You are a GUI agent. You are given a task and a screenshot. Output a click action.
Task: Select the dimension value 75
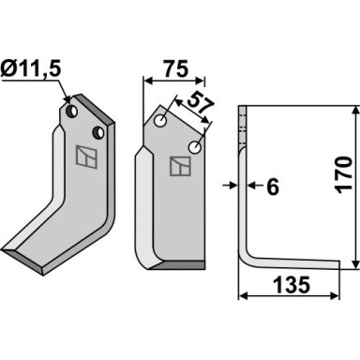(176, 69)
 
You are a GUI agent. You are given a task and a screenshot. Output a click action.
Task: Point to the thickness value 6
(273, 187)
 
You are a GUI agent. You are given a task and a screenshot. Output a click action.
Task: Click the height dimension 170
(344, 174)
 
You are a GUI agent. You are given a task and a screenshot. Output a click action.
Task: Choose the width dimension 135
(292, 285)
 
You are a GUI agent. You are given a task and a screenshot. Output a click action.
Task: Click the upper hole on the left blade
(73, 111)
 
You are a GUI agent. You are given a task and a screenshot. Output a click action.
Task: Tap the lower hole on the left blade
(98, 132)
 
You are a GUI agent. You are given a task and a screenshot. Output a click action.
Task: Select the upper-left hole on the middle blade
(160, 121)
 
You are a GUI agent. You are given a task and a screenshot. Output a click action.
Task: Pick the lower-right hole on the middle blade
(195, 147)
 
